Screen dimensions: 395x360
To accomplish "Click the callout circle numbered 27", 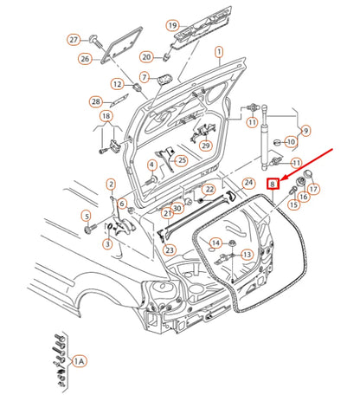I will pyautogui.click(x=74, y=40).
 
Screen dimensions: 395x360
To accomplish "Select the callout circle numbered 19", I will pyautogui.click(x=172, y=25).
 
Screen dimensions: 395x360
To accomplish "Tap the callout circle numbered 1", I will pyautogui.click(x=219, y=52).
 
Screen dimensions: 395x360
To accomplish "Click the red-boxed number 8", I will pyautogui.click(x=273, y=183).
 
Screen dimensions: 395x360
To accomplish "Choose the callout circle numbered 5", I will pyautogui.click(x=86, y=215).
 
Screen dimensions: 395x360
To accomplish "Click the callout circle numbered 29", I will pyautogui.click(x=205, y=146).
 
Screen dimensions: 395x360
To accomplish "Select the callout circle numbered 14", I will pyautogui.click(x=216, y=243).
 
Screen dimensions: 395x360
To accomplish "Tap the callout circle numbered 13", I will pyautogui.click(x=247, y=255).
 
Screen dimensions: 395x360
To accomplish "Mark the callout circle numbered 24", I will pyautogui.click(x=248, y=183).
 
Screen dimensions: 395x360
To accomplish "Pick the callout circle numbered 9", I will pyautogui.click(x=305, y=131).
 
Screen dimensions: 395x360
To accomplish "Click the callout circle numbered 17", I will pyautogui.click(x=313, y=189).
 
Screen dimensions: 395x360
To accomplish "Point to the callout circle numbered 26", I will pyautogui.click(x=85, y=59).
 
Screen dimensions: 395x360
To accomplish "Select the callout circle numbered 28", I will pyautogui.click(x=95, y=102).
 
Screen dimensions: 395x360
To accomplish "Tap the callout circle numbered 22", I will pyautogui.click(x=209, y=189).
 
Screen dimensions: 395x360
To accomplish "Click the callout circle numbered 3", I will pyautogui.click(x=107, y=244).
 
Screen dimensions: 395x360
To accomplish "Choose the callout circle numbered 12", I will pyautogui.click(x=117, y=83).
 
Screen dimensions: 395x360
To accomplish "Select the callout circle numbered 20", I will pyautogui.click(x=147, y=56).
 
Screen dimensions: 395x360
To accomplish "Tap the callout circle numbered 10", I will pyautogui.click(x=291, y=141).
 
